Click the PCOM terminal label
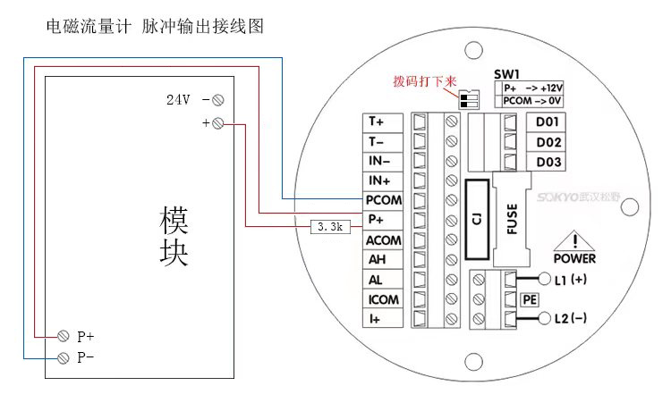[383, 200]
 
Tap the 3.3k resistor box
[328, 228]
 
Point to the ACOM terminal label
[383, 240]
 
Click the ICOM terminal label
[383, 299]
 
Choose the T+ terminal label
[377, 121]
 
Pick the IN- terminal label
[377, 161]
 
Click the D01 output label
[548, 122]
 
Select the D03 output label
[548, 162]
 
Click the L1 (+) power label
[571, 280]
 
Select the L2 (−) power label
[571, 318]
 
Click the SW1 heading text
[507, 74]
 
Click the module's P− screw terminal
[64, 358]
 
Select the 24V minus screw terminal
[217, 100]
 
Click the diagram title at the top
[155, 28]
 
